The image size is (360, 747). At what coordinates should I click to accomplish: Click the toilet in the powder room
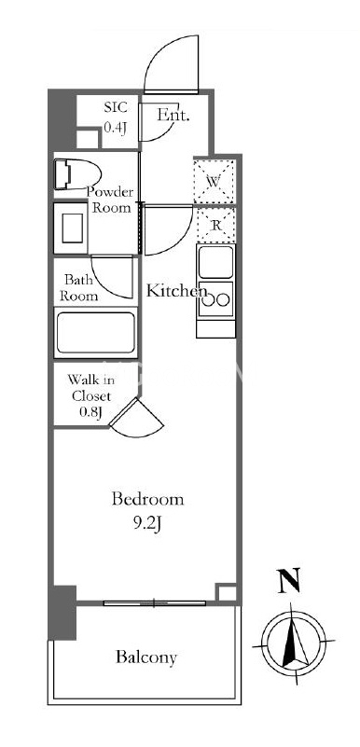[76, 173]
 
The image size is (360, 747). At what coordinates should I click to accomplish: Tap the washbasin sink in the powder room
[71, 228]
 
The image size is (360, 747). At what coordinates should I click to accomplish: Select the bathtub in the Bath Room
[96, 333]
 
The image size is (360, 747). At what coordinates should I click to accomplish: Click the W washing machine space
[215, 181]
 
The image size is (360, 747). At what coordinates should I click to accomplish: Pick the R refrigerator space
[215, 225]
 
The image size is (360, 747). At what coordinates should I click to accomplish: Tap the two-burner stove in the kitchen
[216, 299]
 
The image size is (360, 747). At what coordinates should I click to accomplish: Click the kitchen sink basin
[216, 261]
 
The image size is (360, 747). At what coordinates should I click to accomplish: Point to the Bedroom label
[147, 499]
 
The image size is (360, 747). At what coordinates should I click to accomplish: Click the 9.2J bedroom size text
[148, 524]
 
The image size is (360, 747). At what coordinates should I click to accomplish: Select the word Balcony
[146, 657]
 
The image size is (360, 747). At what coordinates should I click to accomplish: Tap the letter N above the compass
[289, 580]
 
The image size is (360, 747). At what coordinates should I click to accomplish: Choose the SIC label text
[116, 106]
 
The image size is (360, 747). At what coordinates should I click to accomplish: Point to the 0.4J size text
[115, 128]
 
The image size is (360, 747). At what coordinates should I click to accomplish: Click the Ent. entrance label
[173, 115]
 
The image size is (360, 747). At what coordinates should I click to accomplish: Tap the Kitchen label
[176, 291]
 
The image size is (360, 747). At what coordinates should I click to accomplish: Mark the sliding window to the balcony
[154, 602]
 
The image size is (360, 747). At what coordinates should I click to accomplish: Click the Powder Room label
[110, 200]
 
